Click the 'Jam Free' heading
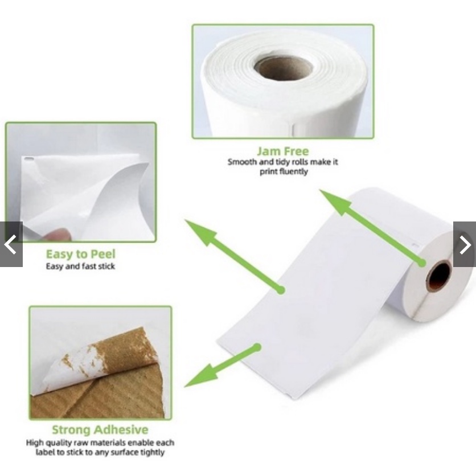pyautogui.click(x=283, y=151)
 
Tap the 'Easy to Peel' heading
pyautogui.click(x=81, y=254)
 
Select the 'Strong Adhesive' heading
pyautogui.click(x=100, y=429)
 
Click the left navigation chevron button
pyautogui.click(x=11, y=244)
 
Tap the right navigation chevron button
pyautogui.click(x=465, y=244)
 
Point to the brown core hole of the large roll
pyautogui.click(x=439, y=276)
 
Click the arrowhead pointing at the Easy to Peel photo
pyautogui.click(x=200, y=231)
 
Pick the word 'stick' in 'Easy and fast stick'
pyautogui.click(x=106, y=266)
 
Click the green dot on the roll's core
pyautogui.click(x=422, y=263)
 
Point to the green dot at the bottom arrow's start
pyautogui.click(x=257, y=347)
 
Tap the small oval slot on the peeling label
pyautogui.click(x=29, y=159)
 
